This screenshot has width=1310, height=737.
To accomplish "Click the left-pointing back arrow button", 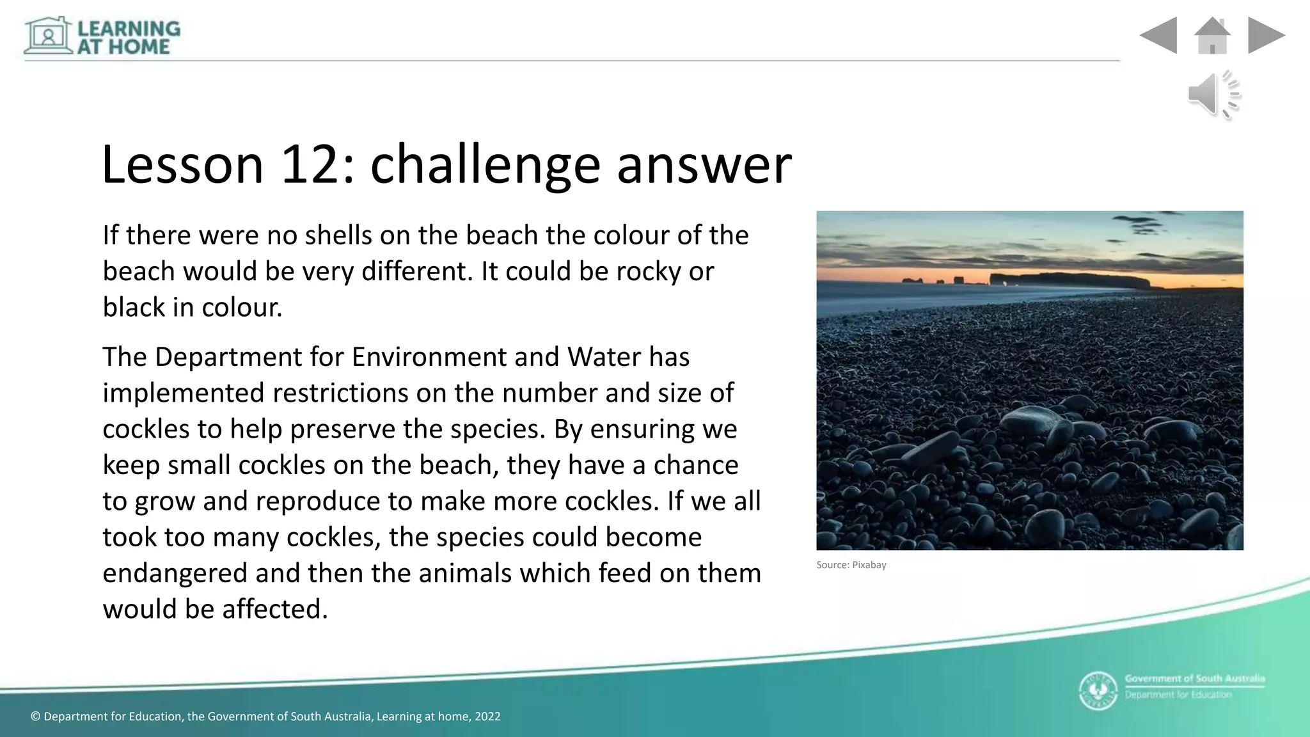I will point(1159,35).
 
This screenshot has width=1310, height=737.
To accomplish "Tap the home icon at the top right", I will point(1212,35).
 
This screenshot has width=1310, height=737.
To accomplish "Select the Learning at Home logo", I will point(102,36).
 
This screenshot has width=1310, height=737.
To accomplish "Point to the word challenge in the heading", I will point(485,165).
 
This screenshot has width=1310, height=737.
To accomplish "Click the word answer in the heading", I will point(704,165).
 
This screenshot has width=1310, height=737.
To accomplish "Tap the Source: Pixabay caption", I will point(851,565).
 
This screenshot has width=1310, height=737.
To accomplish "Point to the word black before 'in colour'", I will point(134,307).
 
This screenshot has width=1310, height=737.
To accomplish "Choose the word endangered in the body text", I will point(174,573).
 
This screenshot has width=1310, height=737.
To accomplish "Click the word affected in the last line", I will point(275,609).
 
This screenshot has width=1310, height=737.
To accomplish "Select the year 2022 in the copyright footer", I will point(487,717).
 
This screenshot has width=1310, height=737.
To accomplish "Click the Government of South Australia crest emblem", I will point(1098,691).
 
